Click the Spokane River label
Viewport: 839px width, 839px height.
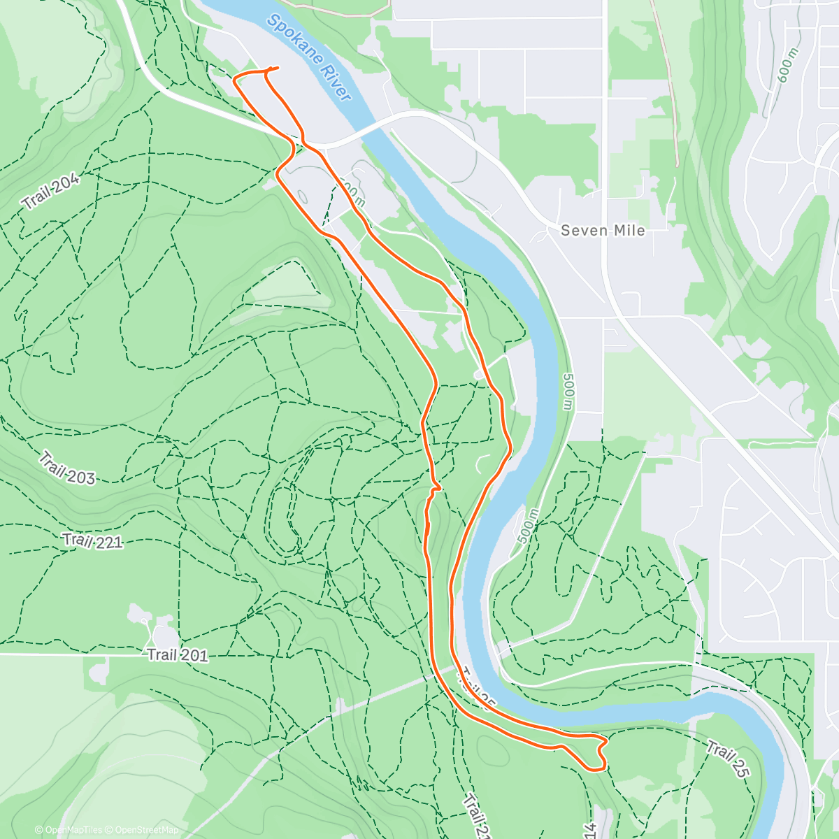308,58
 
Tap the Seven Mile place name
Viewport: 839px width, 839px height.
603,230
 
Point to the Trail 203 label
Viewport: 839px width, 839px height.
66,468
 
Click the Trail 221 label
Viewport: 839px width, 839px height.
92,540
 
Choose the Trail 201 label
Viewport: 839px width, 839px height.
177,655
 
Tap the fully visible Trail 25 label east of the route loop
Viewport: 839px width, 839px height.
728,760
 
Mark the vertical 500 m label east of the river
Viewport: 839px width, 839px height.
567,392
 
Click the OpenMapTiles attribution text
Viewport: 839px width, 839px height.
69,830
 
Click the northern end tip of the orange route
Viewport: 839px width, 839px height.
278,68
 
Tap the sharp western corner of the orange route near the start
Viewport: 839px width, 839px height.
234,78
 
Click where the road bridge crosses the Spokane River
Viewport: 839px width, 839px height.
357,131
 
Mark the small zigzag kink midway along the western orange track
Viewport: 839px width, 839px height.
435,487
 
